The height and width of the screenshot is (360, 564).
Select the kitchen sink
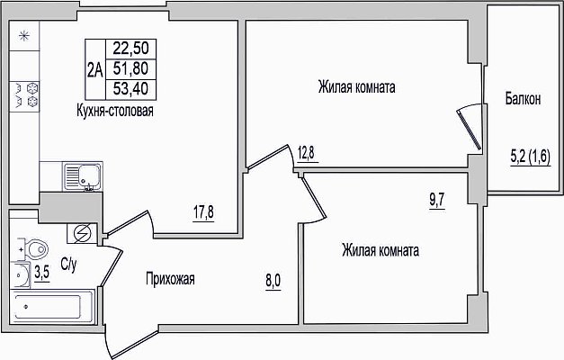(x=83, y=176)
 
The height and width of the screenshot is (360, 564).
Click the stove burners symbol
(x=24, y=94)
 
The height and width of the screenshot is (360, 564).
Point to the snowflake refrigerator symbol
(x=23, y=36)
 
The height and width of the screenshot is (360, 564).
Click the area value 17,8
(x=203, y=212)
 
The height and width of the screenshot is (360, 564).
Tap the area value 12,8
(x=306, y=153)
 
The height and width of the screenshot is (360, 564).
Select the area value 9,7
(x=436, y=200)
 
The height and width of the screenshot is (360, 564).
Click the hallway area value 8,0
(x=273, y=281)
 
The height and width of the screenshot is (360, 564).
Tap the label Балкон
(x=523, y=99)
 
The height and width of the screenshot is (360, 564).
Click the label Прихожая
(x=170, y=279)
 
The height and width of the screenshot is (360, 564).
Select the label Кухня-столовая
(x=115, y=111)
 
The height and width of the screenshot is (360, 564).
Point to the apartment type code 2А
(x=95, y=70)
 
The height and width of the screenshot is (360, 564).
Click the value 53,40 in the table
(x=130, y=88)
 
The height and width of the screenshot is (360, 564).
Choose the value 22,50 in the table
(x=130, y=49)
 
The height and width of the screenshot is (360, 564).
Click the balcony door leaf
(x=469, y=130)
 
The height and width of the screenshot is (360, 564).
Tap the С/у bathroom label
(x=68, y=265)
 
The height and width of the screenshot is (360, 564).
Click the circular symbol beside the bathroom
(x=82, y=234)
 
